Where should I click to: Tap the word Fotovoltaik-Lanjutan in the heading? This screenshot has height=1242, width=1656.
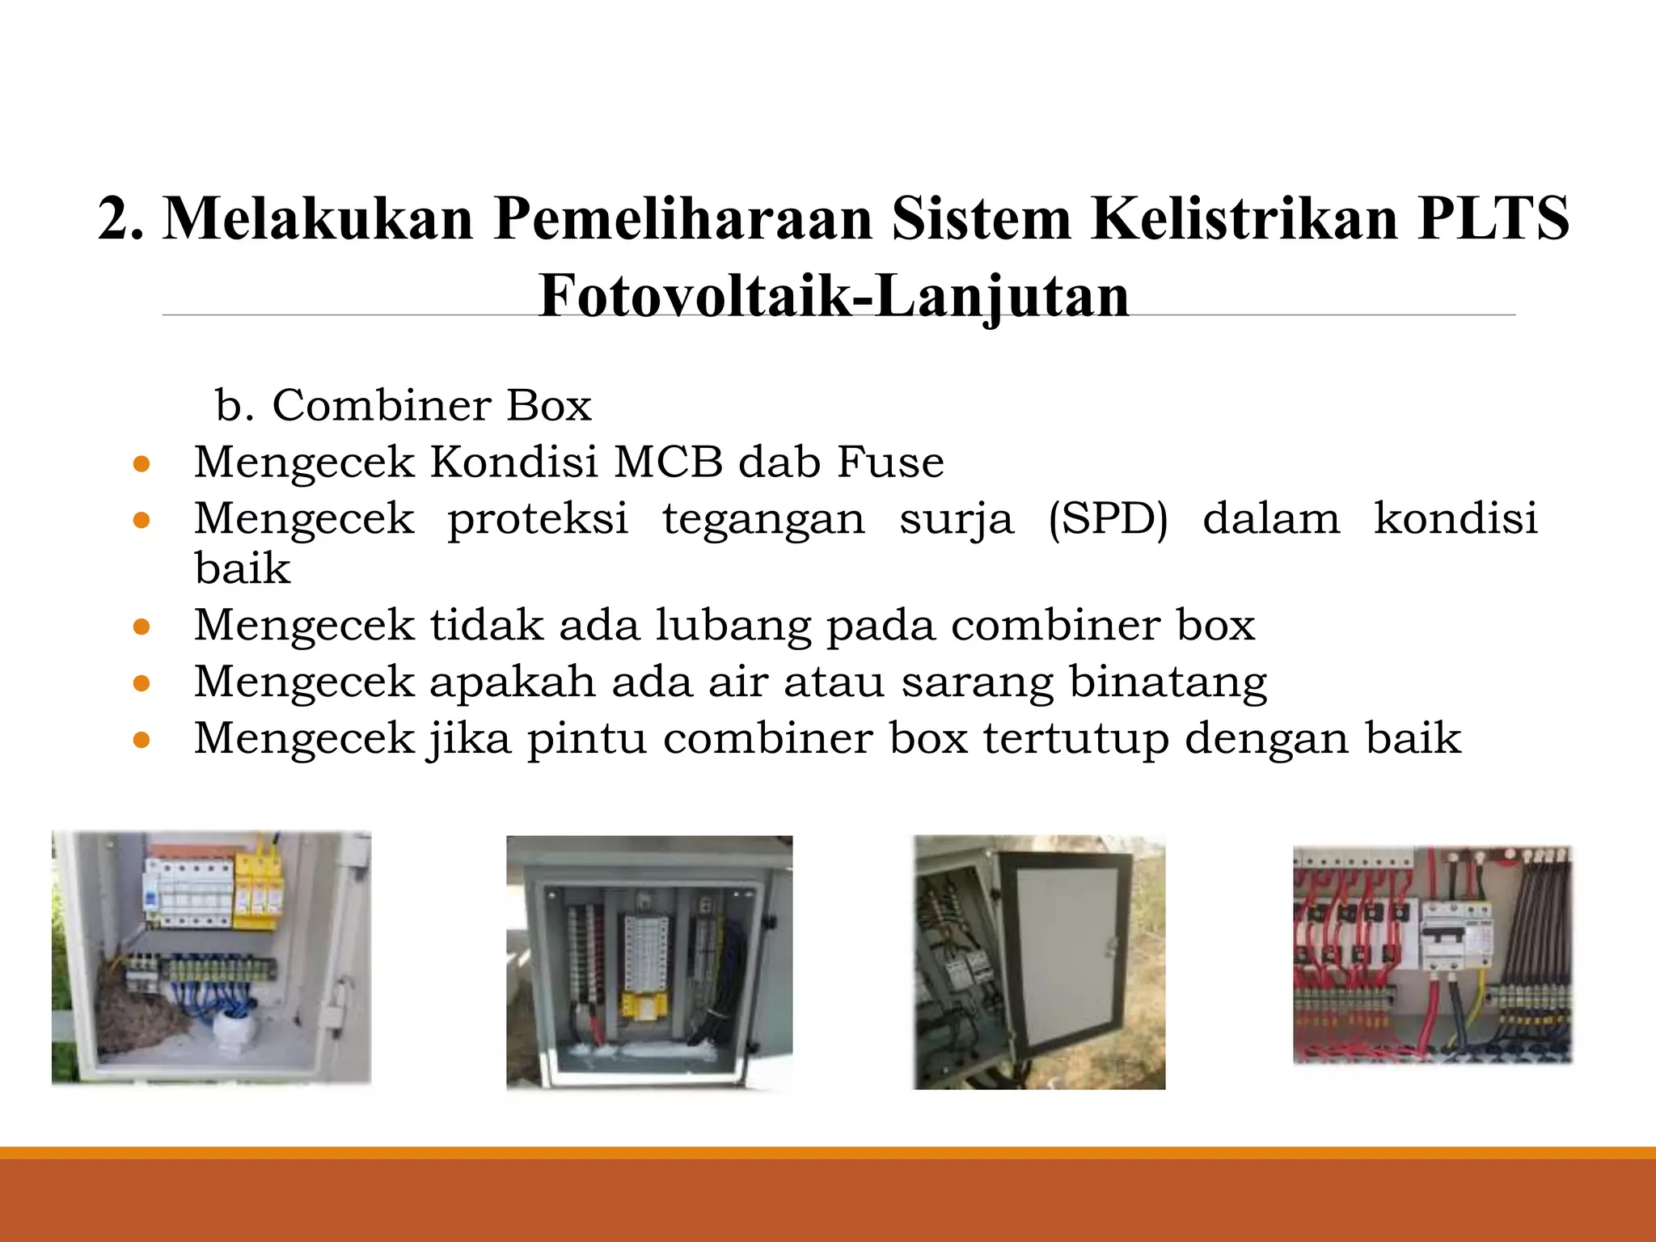click(834, 296)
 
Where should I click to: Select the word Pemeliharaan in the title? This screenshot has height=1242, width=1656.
click(683, 218)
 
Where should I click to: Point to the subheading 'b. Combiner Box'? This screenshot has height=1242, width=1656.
click(403, 405)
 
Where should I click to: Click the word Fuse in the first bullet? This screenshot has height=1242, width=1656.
click(890, 463)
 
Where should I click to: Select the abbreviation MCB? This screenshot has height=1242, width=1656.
click(668, 463)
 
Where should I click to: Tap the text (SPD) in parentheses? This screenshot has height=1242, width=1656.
click(1108, 519)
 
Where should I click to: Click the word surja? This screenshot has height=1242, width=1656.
click(956, 519)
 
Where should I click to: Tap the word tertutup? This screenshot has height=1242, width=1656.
click(1076, 738)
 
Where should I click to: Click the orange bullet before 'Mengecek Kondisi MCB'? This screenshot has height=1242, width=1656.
click(142, 464)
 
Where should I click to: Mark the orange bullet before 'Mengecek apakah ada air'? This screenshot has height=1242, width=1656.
click(142, 683)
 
